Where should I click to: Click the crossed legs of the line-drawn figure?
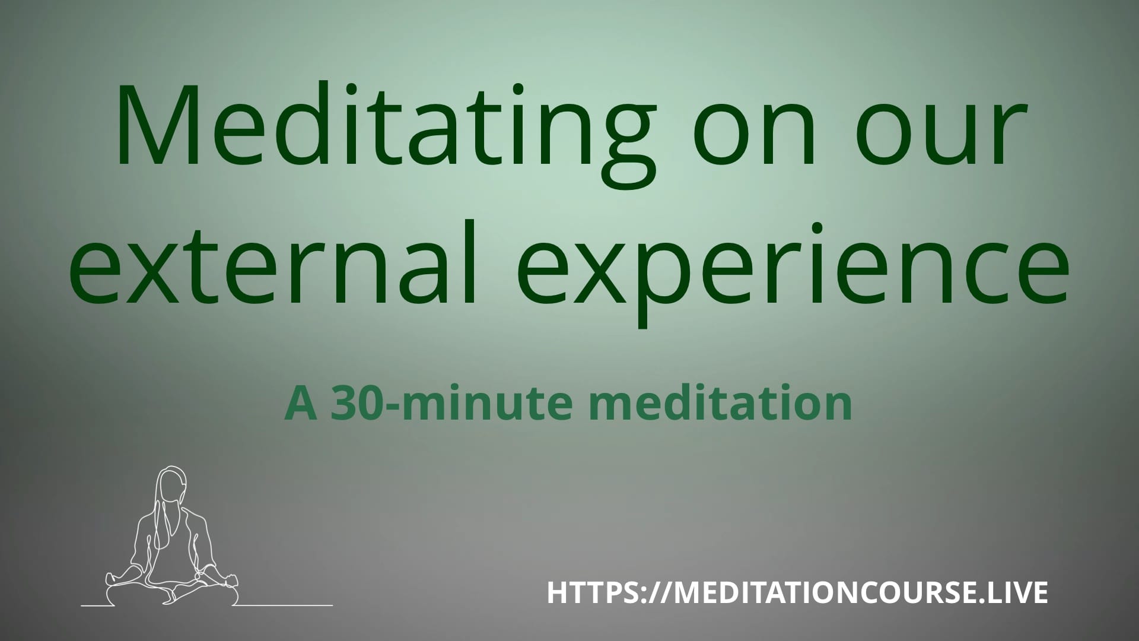[x=172, y=591]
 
